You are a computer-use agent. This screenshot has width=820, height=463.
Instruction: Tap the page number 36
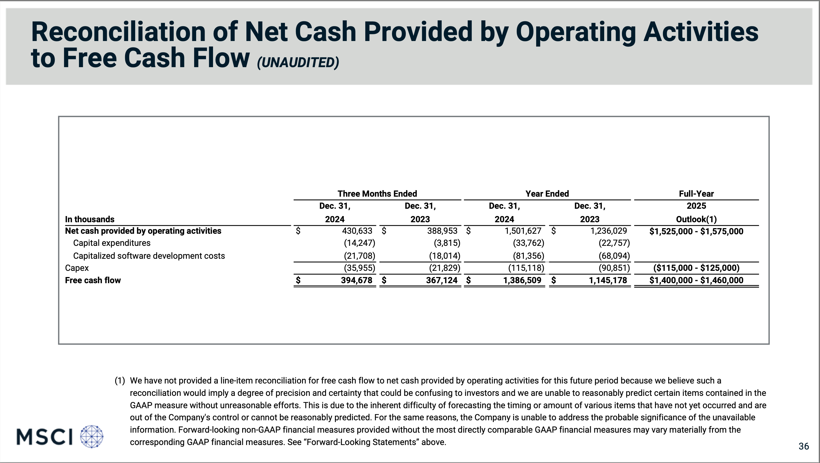pyautogui.click(x=803, y=446)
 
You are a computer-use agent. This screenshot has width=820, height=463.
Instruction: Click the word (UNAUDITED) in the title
pyautogui.click(x=298, y=62)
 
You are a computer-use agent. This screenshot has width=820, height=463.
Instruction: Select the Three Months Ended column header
pyautogui.click(x=377, y=194)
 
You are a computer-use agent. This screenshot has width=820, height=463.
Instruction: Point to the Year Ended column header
pyautogui.click(x=547, y=194)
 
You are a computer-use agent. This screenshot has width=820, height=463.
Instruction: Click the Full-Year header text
pyautogui.click(x=696, y=194)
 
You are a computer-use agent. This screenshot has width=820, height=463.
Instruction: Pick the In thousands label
pyautogui.click(x=89, y=219)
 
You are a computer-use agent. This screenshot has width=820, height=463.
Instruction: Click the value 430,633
pyautogui.click(x=357, y=231)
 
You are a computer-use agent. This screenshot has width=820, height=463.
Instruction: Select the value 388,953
pyautogui.click(x=442, y=231)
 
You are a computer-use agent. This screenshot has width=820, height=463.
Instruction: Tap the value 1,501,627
pyautogui.click(x=523, y=231)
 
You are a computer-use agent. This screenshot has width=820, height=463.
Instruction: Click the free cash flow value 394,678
pyautogui.click(x=357, y=280)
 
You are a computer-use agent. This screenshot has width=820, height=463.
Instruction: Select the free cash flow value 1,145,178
pyautogui.click(x=608, y=280)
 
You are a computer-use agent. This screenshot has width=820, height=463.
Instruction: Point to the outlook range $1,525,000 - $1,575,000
pyautogui.click(x=696, y=231)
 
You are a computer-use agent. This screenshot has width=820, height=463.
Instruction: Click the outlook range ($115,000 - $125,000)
pyautogui.click(x=696, y=268)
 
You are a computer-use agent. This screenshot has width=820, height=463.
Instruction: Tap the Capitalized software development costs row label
pyautogui.click(x=149, y=256)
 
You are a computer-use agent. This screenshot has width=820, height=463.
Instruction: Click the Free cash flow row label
pyautogui.click(x=93, y=280)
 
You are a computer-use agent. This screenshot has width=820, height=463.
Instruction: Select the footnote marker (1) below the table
pyautogui.click(x=120, y=381)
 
